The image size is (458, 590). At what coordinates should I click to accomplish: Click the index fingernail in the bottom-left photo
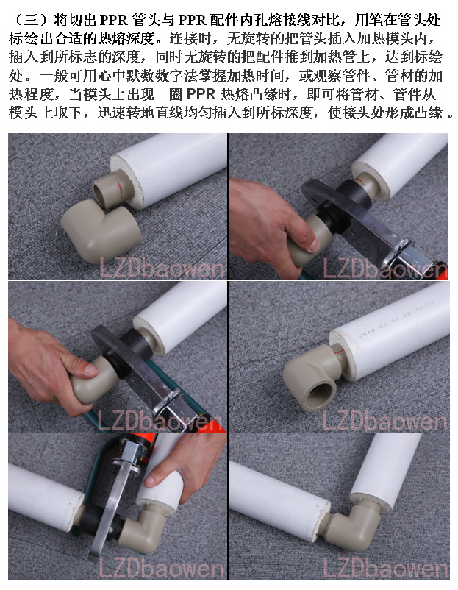(x=151, y=480)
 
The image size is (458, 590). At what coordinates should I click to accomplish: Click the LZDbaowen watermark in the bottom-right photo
(x=385, y=568)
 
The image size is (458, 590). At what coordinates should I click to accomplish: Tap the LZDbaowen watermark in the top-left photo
(x=162, y=269)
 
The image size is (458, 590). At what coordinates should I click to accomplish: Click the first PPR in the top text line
(x=113, y=20)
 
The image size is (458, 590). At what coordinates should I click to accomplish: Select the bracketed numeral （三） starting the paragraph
(x=31, y=20)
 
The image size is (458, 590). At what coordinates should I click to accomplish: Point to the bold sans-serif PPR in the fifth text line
(x=201, y=94)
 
